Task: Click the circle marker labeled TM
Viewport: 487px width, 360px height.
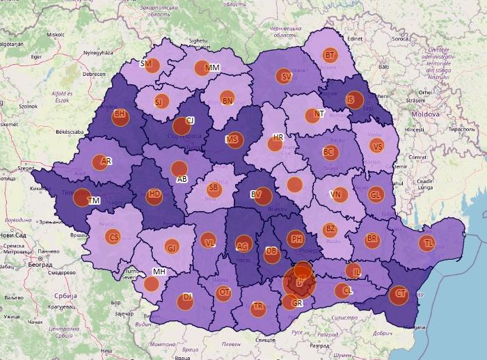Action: pyautogui.click(x=82, y=199)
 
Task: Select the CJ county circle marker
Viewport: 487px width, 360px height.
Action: pyautogui.click(x=182, y=125)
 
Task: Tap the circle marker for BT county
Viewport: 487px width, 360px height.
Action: pyautogui.click(x=330, y=55)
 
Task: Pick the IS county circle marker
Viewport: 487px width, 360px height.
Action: pyautogui.click(x=355, y=100)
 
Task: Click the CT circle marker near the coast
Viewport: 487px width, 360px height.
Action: pyautogui.click(x=399, y=295)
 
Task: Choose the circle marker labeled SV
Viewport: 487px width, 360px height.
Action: pyautogui.click(x=285, y=77)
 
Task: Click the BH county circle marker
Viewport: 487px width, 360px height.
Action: pyautogui.click(x=120, y=115)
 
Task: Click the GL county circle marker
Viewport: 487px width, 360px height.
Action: pyautogui.click(x=376, y=196)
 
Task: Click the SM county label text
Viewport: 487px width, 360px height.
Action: pyautogui.click(x=146, y=63)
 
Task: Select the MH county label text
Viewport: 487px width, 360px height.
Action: pyautogui.click(x=159, y=272)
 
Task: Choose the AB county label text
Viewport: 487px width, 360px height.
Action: pyautogui.click(x=183, y=179)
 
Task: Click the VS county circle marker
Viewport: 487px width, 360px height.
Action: pyautogui.click(x=377, y=146)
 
